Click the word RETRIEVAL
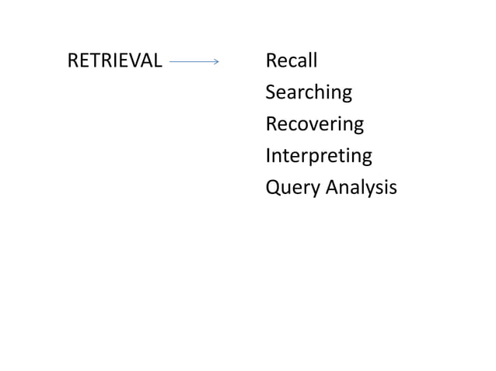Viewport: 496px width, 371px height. [x=115, y=61]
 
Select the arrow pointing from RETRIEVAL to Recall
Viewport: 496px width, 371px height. [x=194, y=61]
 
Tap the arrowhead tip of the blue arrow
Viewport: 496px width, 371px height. [x=220, y=61]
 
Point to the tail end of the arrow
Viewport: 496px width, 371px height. [x=169, y=61]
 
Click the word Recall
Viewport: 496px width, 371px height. [x=292, y=61]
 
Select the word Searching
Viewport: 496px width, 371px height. [x=309, y=93]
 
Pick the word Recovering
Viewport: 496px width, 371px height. [x=314, y=124]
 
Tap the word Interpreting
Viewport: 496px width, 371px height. [x=319, y=156]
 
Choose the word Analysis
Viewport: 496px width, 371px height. [x=362, y=188]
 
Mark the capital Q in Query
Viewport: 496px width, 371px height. [x=273, y=188]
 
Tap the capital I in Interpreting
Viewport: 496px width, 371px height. [x=268, y=155]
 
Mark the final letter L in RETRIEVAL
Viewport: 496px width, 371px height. [x=159, y=61]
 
